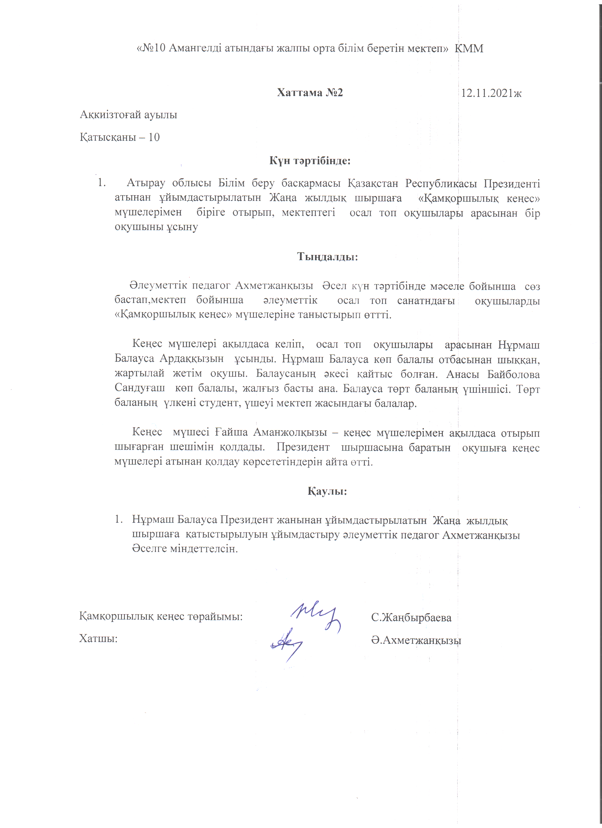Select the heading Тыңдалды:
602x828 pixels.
tap(327, 257)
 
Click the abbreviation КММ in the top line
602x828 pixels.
tap(469, 49)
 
